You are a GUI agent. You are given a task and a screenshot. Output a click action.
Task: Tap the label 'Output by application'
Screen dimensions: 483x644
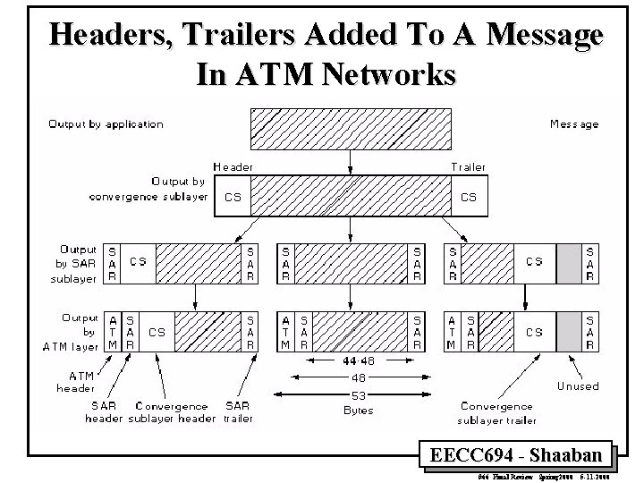tap(106, 123)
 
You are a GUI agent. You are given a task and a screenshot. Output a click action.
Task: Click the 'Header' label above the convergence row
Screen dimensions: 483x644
tap(233, 166)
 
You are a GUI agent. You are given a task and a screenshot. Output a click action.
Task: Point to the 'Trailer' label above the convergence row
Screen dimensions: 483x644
tap(468, 166)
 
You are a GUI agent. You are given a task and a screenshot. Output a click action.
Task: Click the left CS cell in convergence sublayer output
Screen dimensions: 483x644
tap(232, 197)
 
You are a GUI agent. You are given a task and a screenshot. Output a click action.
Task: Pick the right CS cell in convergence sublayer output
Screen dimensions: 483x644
tap(468, 197)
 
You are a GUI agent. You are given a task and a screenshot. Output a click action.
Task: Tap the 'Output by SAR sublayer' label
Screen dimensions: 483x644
tap(78, 264)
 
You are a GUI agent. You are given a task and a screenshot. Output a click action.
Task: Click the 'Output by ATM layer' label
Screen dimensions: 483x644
tap(79, 332)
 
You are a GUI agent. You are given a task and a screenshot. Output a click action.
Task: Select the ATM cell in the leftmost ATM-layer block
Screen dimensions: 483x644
tap(113, 332)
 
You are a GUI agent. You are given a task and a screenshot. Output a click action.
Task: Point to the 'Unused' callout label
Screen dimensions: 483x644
tap(578, 386)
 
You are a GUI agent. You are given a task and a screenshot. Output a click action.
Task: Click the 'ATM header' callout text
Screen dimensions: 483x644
tap(75, 382)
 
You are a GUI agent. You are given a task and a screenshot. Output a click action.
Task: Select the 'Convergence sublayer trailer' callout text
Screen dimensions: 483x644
tap(498, 413)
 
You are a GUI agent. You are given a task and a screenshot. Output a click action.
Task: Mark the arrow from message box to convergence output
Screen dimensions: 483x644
tap(349, 161)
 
